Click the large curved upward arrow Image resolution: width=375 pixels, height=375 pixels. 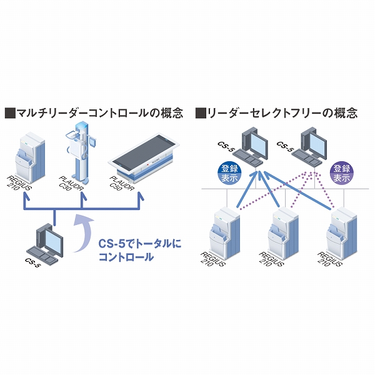(x=79, y=234)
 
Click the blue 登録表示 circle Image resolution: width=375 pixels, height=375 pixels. (x=227, y=172)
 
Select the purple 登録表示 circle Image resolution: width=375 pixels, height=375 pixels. (x=341, y=172)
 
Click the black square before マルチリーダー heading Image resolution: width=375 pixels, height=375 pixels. (x=9, y=114)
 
